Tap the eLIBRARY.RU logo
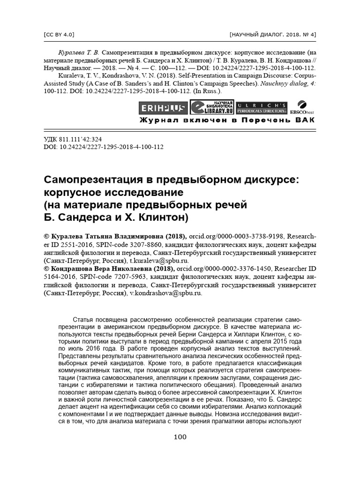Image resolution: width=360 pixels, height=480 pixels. pos(212,107)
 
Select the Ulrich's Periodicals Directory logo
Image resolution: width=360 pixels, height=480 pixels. pos(261,108)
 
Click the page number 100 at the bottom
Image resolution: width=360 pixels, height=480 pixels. pos(180,437)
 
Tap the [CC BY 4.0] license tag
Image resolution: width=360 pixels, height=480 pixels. pos(59,35)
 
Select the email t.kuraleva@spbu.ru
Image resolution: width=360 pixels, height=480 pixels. pos(159,260)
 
